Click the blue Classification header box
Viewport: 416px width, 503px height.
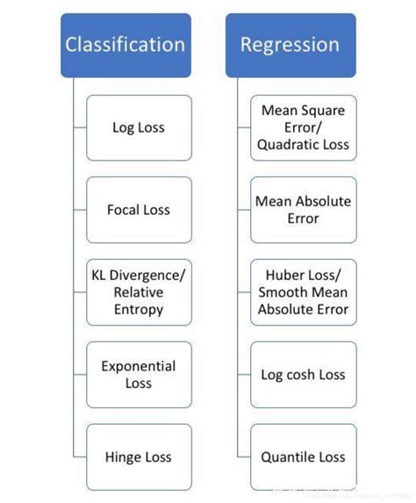[x=125, y=45]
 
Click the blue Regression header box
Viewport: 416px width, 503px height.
[x=290, y=45]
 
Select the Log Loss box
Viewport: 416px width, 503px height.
[x=139, y=128]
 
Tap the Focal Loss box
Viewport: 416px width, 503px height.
[x=139, y=210]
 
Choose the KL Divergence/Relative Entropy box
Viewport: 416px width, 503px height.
[x=139, y=292]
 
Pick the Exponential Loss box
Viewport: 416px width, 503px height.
[x=139, y=374]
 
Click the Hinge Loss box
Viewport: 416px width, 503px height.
[x=139, y=456]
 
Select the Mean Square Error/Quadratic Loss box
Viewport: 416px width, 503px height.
[x=304, y=128]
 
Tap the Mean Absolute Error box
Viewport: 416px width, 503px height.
[x=304, y=210]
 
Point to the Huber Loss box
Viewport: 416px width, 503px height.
[x=304, y=292]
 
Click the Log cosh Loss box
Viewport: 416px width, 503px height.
[x=304, y=374]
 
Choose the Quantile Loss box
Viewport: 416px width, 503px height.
[x=304, y=456]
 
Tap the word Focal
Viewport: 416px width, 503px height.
[x=124, y=210]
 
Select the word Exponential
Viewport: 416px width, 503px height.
[x=139, y=366]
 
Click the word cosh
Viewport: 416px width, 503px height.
[x=301, y=375]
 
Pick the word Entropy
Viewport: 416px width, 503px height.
[x=139, y=309]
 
